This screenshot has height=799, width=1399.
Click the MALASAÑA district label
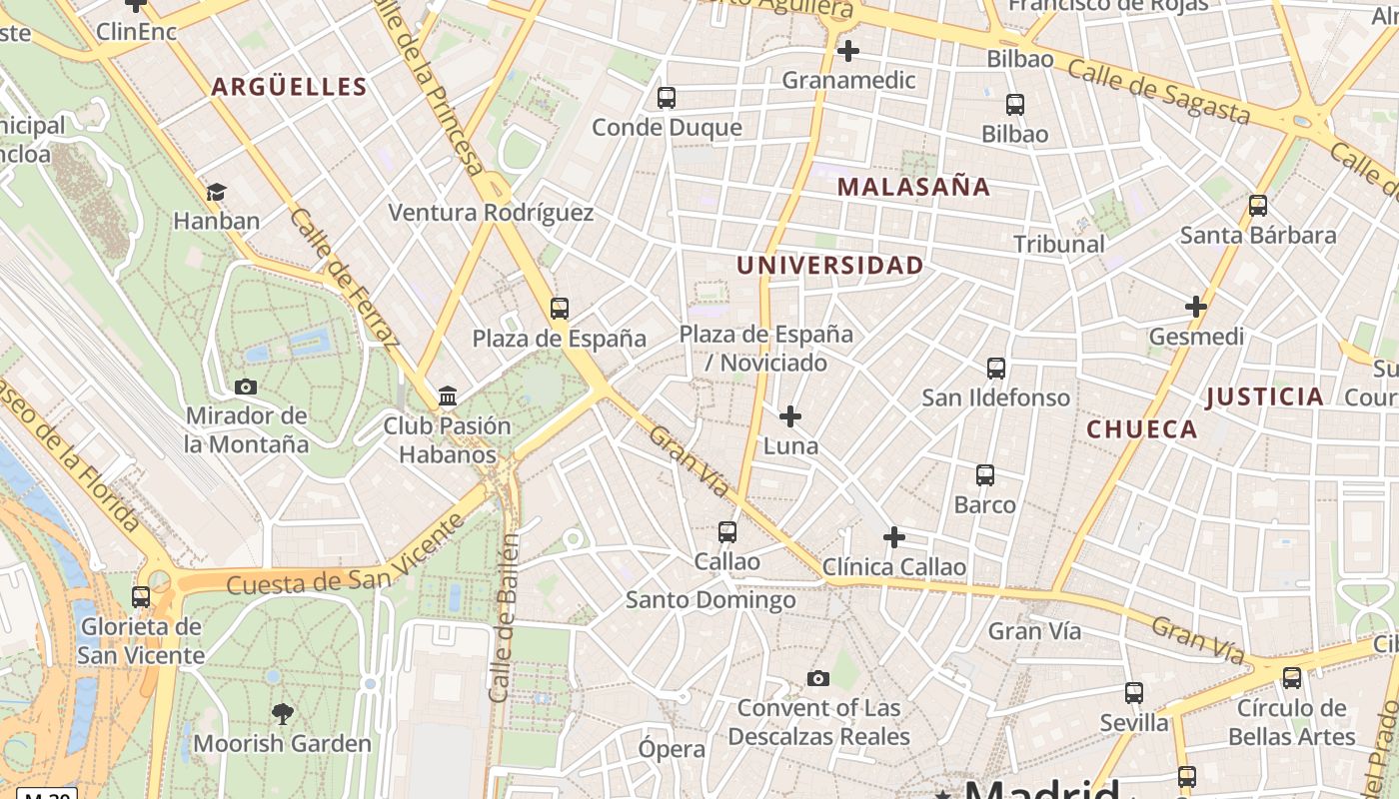point(913,187)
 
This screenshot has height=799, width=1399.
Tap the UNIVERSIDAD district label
point(829,266)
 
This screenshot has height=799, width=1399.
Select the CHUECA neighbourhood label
point(1141,429)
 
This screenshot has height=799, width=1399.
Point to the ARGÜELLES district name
point(289,87)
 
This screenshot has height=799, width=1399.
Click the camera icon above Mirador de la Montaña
point(245,387)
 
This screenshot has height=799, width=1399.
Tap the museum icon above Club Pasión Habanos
point(448,397)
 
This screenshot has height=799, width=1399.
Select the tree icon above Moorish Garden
point(283,713)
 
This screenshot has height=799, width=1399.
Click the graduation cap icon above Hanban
point(216,192)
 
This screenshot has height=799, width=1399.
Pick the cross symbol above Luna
point(790,415)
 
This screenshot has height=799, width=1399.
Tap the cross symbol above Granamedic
point(848,50)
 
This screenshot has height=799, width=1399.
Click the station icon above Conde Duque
point(667,98)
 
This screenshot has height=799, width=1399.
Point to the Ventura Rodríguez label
point(491,213)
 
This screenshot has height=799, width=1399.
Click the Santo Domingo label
point(710,600)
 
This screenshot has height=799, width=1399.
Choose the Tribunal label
point(1058,244)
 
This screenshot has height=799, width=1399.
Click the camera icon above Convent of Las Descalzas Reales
point(818,679)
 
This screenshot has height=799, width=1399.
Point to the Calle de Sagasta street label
point(1158,91)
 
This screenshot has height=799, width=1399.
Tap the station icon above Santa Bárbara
point(1258,206)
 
